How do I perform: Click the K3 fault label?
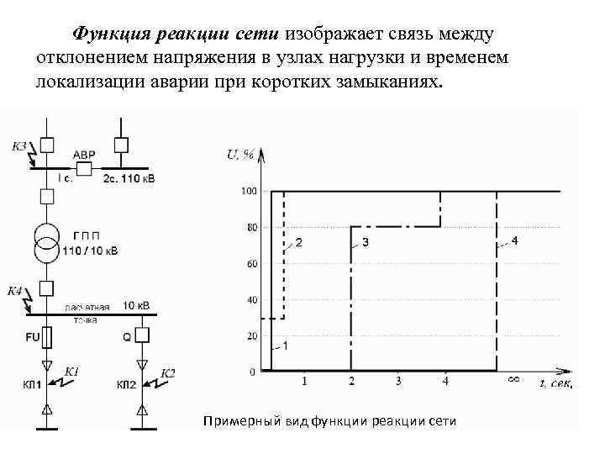pos(18,146)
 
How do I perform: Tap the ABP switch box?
pos(84,167)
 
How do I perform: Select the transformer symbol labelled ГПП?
pos(47,240)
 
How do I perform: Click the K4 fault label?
pos(15,291)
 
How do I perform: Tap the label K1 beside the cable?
pos(71,371)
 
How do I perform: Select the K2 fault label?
pos(167,372)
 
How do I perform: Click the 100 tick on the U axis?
pos(249,192)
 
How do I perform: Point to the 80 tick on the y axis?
pos(250,227)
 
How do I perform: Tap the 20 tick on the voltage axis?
pos(250,335)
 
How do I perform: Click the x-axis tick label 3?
pos(398,382)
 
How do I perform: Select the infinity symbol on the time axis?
pos(513,381)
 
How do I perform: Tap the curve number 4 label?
pos(514,241)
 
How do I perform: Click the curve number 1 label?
pos(285,346)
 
